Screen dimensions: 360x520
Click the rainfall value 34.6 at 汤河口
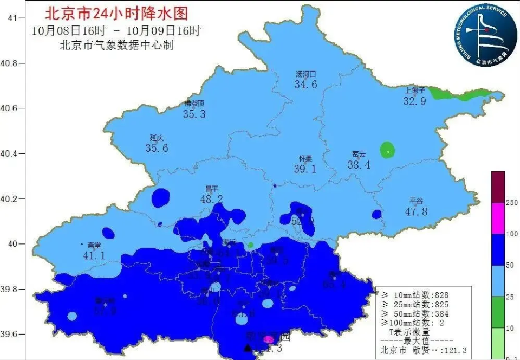(305, 85)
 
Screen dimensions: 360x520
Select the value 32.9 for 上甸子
(415, 101)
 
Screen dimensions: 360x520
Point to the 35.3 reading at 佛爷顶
(194, 114)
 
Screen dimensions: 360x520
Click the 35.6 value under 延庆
(157, 148)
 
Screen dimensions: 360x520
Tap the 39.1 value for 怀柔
(305, 169)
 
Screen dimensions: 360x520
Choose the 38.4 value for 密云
(359, 165)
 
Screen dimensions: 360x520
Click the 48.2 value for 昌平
(211, 199)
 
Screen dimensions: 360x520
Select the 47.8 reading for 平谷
(416, 211)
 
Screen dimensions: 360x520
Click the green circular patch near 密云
(387, 150)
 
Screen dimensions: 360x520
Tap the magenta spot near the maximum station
(268, 339)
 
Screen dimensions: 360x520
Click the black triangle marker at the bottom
(248, 348)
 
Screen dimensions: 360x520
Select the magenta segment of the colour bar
(498, 218)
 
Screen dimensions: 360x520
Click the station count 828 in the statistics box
(438, 295)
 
